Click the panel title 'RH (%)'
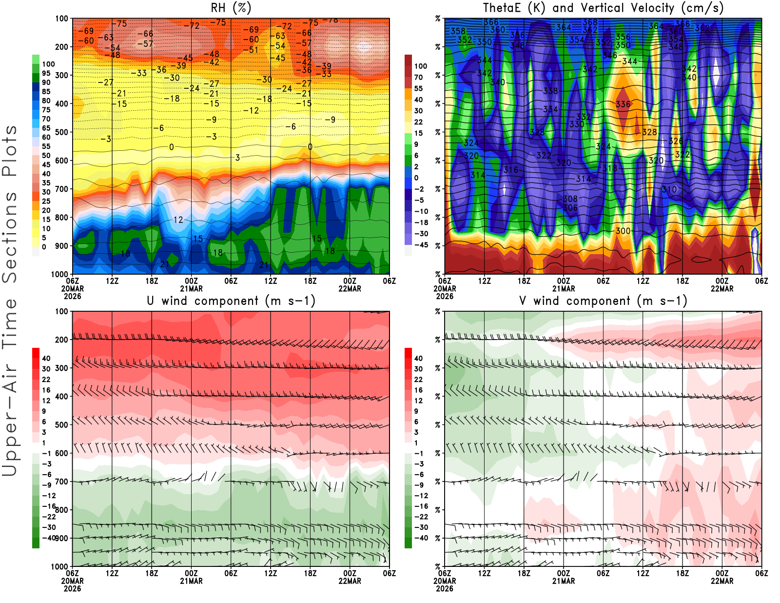click(x=231, y=8)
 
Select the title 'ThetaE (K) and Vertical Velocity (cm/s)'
click(x=603, y=8)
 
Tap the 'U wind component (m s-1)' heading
click(x=231, y=301)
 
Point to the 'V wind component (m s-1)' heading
click(x=603, y=301)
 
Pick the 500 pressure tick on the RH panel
click(x=61, y=132)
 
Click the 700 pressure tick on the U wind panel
click(x=61, y=482)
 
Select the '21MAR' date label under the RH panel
click(x=192, y=289)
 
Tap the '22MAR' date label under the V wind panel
click(x=722, y=581)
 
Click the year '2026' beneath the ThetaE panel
click(x=445, y=296)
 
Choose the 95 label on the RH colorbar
click(x=46, y=73)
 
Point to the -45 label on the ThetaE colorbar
click(x=421, y=245)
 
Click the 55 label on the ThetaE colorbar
click(x=418, y=88)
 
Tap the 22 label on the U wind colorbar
click(x=46, y=380)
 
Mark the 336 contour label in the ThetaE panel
click(x=623, y=104)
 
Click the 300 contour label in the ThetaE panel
click(x=623, y=231)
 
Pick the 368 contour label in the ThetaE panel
click(x=590, y=22)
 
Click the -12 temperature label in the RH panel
click(x=252, y=111)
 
